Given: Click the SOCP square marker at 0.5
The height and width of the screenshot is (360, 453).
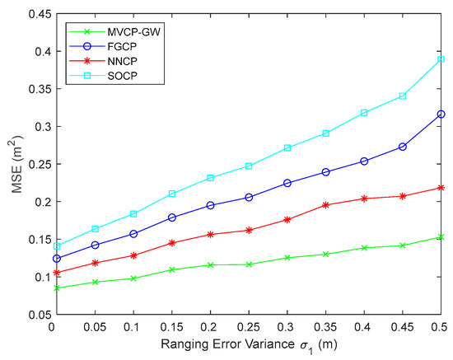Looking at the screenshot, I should click(441, 59).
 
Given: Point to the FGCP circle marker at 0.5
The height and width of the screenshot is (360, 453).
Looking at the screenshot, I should click(441, 115).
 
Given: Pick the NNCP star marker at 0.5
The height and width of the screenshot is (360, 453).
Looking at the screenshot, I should click(441, 188).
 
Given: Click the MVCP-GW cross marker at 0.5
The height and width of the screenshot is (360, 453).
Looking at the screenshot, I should click(441, 237).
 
